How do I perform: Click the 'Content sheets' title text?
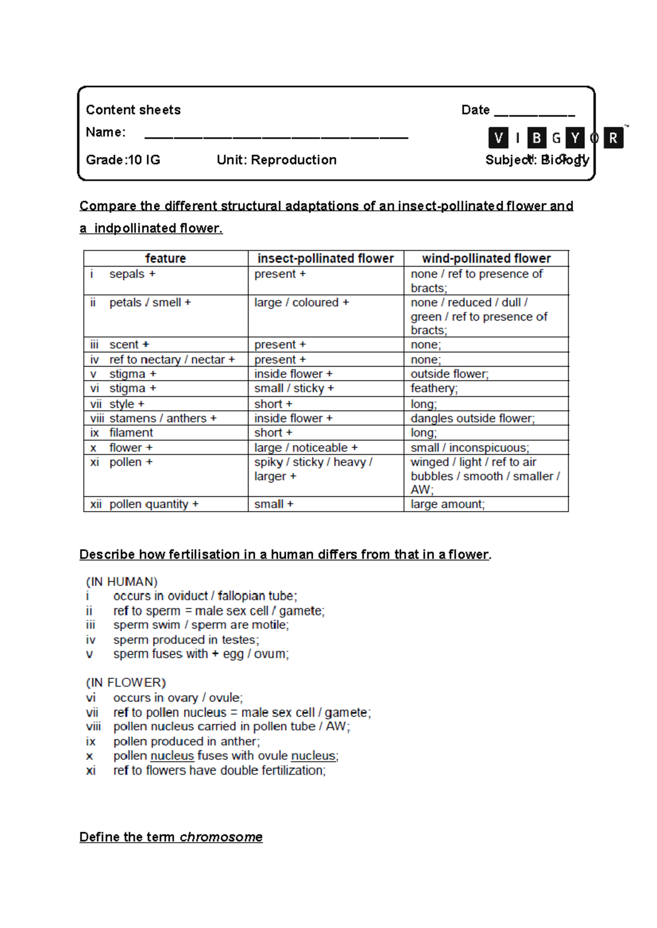(x=133, y=110)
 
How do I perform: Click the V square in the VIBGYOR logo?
(x=498, y=138)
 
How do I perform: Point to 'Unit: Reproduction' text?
(x=276, y=160)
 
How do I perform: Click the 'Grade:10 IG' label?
(x=123, y=160)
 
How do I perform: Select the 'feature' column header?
(x=165, y=258)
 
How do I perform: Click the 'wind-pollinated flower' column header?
(x=486, y=258)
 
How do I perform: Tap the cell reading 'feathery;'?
(x=434, y=388)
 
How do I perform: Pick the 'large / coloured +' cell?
(x=302, y=303)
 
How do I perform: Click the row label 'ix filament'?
(x=122, y=433)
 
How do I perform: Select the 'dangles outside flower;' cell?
(x=472, y=419)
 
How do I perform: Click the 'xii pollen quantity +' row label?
(x=145, y=504)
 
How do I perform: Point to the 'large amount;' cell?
(x=447, y=504)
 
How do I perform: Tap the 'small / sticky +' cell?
(x=294, y=388)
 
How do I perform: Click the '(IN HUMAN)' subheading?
(x=122, y=582)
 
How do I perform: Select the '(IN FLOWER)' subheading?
(x=126, y=683)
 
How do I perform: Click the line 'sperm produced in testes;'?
(x=186, y=640)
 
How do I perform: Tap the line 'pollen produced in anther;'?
(x=187, y=741)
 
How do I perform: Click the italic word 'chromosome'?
(x=221, y=837)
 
